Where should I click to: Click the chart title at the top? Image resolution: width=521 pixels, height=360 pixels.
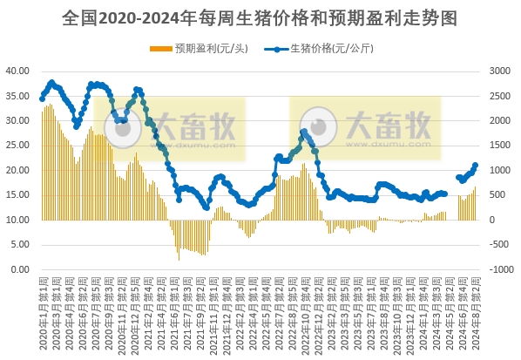(x=260, y=17)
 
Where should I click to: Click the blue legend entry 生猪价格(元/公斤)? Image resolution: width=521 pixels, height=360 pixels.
(x=331, y=49)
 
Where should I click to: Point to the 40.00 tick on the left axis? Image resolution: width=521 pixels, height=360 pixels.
(x=20, y=71)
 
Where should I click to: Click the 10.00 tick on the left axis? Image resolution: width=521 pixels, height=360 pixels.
(x=20, y=220)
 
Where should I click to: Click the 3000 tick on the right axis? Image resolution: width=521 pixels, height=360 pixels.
(x=502, y=71)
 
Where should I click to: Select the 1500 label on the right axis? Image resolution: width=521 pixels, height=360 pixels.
(x=502, y=146)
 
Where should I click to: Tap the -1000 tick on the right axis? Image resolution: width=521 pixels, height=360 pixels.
(x=503, y=270)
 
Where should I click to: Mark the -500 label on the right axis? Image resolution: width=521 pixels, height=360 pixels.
(x=503, y=245)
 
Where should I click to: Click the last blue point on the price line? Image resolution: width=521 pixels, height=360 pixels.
(x=476, y=165)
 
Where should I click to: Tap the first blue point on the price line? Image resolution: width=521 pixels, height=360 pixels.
(x=42, y=98)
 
